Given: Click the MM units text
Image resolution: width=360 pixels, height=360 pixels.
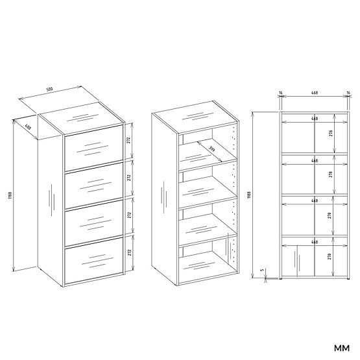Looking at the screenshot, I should tap(342, 345).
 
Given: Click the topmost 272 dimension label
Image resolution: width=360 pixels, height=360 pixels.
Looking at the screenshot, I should tap(130, 139).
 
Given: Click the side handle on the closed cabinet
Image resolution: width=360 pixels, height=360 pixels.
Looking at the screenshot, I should tap(49, 201).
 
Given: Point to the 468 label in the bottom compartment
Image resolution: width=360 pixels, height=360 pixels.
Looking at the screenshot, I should tap(314, 242).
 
